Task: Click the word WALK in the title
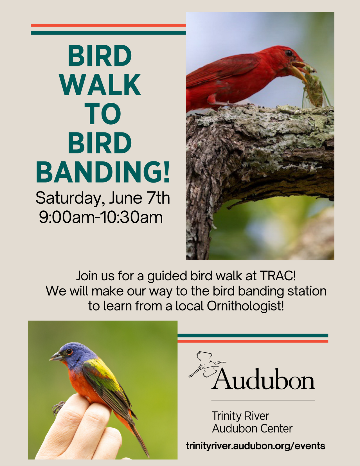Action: [100, 85]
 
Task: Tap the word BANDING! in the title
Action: [103, 172]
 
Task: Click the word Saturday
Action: [68, 198]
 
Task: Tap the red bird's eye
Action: [289, 53]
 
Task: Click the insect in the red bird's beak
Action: [313, 88]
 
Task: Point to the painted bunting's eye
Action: [69, 352]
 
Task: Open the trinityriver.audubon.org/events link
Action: [256, 446]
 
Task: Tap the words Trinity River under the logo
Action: [240, 416]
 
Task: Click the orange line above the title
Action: [108, 25]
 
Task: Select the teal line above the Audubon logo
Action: [253, 336]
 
